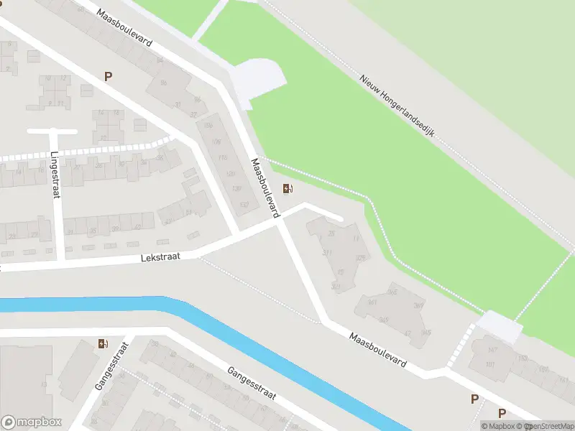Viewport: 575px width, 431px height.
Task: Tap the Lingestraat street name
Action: [55, 175]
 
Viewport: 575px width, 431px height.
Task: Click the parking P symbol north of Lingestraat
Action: [109, 76]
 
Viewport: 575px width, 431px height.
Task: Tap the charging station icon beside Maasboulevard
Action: [287, 189]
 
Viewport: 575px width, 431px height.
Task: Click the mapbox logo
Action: [32, 422]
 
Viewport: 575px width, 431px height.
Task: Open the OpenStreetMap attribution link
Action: [551, 426]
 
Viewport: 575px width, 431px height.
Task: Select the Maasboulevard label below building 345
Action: [379, 350]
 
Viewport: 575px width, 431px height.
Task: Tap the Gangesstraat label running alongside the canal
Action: [252, 386]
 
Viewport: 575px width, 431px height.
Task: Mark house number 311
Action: [328, 253]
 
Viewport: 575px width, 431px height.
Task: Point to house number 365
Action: [392, 292]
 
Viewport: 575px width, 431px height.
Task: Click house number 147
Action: [492, 350]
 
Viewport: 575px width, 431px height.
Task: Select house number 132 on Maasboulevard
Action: [244, 205]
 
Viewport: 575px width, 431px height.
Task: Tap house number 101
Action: [491, 364]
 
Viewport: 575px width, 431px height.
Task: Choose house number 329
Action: [360, 257]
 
